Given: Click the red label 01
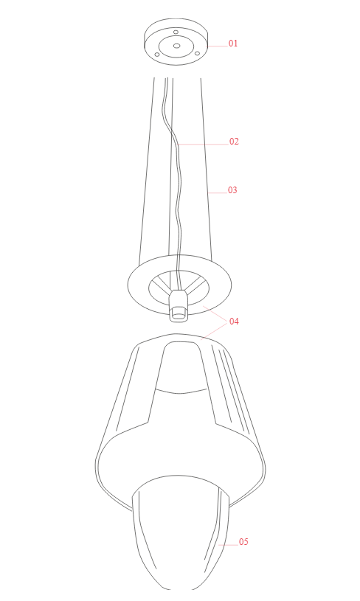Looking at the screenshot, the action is pyautogui.click(x=233, y=44).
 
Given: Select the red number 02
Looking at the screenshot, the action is pyautogui.click(x=234, y=142).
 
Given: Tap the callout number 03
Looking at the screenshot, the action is pyautogui.click(x=232, y=190).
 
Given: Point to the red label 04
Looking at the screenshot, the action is pyautogui.click(x=234, y=322).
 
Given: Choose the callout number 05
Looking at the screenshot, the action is pyautogui.click(x=243, y=541).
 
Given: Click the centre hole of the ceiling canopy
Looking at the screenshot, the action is pyautogui.click(x=176, y=46).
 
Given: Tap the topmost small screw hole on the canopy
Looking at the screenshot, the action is pyautogui.click(x=176, y=32).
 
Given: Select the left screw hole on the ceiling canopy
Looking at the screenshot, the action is pyautogui.click(x=157, y=55).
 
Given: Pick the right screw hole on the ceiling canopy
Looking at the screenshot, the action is pyautogui.click(x=197, y=53).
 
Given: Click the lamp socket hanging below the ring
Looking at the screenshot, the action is pyautogui.click(x=179, y=305).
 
